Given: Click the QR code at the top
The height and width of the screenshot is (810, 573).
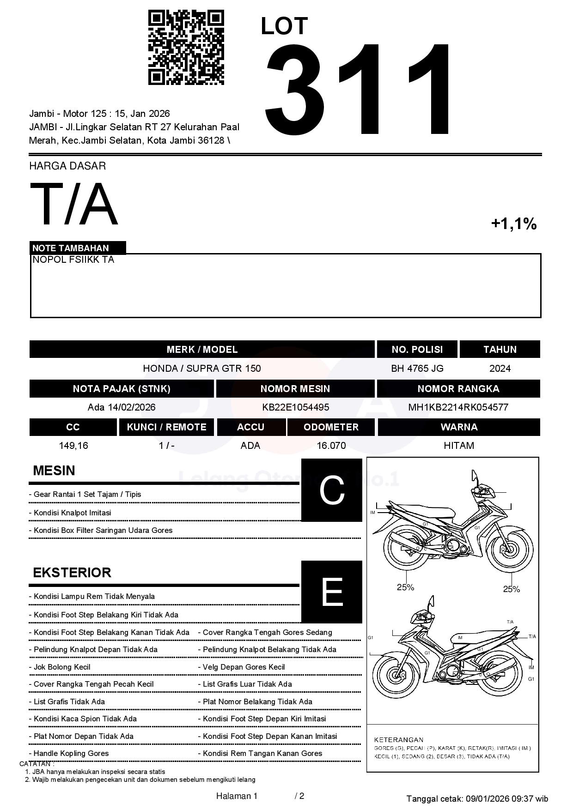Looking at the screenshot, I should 186,48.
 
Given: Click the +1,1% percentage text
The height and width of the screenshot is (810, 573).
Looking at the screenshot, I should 513,224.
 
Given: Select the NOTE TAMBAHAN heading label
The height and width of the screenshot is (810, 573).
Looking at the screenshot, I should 71,248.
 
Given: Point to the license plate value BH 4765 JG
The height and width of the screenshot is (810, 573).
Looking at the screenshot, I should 417,369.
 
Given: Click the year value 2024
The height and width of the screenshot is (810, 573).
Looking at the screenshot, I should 500,369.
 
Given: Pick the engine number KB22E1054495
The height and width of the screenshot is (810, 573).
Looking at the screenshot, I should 295,407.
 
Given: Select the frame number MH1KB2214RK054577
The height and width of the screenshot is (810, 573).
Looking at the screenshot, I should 458,407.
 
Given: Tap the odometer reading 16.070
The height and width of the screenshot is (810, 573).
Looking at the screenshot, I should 331,446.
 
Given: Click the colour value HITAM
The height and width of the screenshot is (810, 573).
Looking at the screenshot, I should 459,446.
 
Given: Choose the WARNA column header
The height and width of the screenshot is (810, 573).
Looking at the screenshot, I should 459,427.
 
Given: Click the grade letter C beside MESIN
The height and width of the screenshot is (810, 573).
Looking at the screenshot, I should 332,490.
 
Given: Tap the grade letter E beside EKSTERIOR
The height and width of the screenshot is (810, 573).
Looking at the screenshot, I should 332,592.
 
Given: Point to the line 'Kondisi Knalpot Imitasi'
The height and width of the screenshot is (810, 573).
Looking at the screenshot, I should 72,513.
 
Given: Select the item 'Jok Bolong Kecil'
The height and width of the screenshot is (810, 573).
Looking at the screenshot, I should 62,667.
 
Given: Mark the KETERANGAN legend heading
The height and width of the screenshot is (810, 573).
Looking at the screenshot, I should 398,739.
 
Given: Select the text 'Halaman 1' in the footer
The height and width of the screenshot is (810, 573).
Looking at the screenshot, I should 237,796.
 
